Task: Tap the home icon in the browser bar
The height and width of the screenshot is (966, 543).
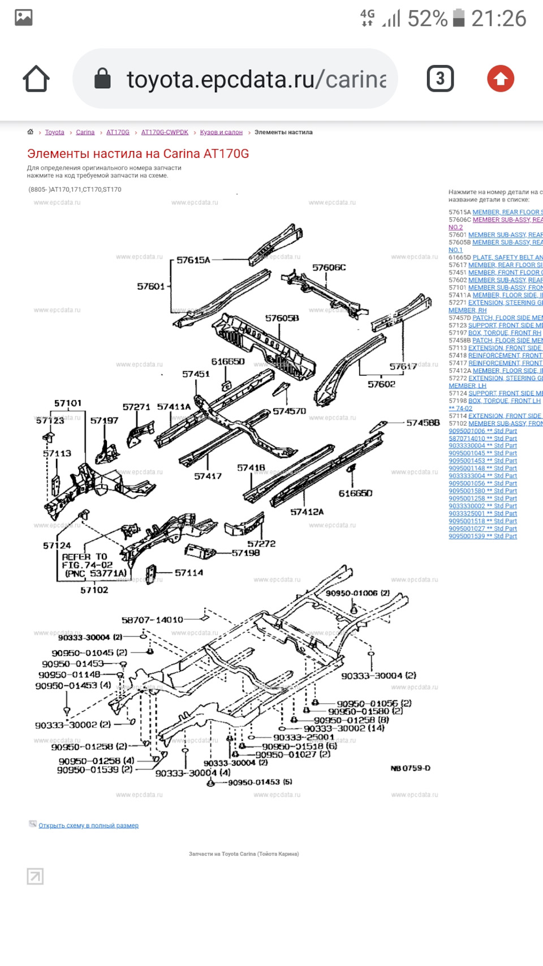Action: pos(36,79)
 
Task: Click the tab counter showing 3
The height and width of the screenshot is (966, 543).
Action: pos(440,79)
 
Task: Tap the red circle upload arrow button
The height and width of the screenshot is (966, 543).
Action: pos(501,79)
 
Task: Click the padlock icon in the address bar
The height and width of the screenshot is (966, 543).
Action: pos(102,79)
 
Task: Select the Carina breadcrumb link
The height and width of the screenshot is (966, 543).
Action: pos(85,132)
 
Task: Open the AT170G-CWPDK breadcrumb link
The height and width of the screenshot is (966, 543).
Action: pos(165,132)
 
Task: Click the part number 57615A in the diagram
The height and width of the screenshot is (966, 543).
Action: pos(193,260)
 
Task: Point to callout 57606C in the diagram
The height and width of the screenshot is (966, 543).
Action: pos(329,268)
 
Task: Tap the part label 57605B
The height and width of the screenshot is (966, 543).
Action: pos(282,319)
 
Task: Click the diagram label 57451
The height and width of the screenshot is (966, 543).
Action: pos(196,374)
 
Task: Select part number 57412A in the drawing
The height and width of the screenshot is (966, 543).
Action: pos(307,512)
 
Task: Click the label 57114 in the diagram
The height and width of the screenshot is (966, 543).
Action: pos(188,573)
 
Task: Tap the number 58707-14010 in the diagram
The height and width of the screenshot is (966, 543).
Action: pos(152,620)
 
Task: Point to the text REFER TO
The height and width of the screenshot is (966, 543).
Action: pos(84,557)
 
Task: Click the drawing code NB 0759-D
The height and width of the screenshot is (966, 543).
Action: pos(410,768)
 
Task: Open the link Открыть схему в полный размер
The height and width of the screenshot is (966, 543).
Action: pos(88,826)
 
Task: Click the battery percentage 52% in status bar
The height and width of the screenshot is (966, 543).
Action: pos(427,19)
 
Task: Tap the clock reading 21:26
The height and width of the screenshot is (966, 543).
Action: pos(498,19)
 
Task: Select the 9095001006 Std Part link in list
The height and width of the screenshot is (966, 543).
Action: pos(482,431)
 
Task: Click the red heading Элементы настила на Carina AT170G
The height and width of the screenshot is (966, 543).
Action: pos(138,154)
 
